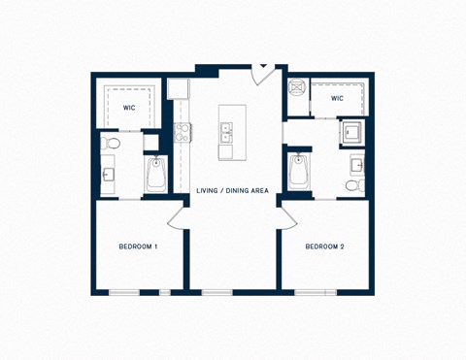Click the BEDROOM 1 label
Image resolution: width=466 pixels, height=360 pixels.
click(138, 246)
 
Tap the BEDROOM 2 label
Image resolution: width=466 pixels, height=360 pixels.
click(324, 246)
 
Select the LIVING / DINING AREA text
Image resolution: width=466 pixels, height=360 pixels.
click(232, 190)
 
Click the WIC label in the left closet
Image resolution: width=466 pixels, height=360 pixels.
click(128, 108)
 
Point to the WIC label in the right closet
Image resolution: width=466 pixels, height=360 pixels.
click(337, 98)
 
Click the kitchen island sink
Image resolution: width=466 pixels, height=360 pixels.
click(226, 132)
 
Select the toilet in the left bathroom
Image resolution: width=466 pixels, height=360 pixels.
click(112, 145)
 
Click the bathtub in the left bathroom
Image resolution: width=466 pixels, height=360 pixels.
click(155, 176)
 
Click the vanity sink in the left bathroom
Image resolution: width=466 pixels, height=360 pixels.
click(108, 176)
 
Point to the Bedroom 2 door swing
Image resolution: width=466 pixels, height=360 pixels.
click(287, 215)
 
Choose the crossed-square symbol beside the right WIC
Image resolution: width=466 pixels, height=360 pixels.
click(298, 85)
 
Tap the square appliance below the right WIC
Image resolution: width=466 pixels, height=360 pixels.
click(349, 131)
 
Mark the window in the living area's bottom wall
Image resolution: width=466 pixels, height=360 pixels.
click(217, 292)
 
